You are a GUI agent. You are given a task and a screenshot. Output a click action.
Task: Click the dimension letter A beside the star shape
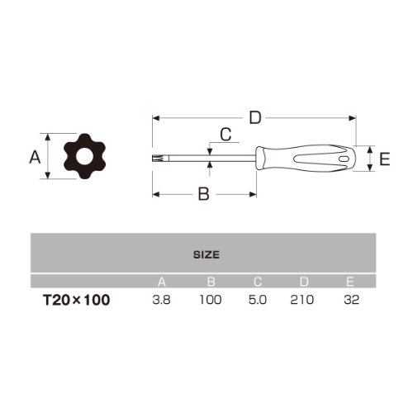35,157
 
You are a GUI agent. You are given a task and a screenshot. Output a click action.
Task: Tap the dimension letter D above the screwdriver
255,118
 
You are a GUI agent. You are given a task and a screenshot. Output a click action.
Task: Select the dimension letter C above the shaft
225,135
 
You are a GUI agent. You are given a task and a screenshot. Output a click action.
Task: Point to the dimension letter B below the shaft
204,194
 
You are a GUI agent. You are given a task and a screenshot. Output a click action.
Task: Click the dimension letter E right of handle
385,159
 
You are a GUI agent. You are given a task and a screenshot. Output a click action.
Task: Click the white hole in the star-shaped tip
84,156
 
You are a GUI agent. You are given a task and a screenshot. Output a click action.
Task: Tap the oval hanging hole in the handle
344,159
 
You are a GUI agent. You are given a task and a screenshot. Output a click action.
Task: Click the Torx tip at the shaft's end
154,158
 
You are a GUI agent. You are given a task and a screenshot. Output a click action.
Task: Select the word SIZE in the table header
206,254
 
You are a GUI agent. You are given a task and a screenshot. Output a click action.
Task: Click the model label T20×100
77,300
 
